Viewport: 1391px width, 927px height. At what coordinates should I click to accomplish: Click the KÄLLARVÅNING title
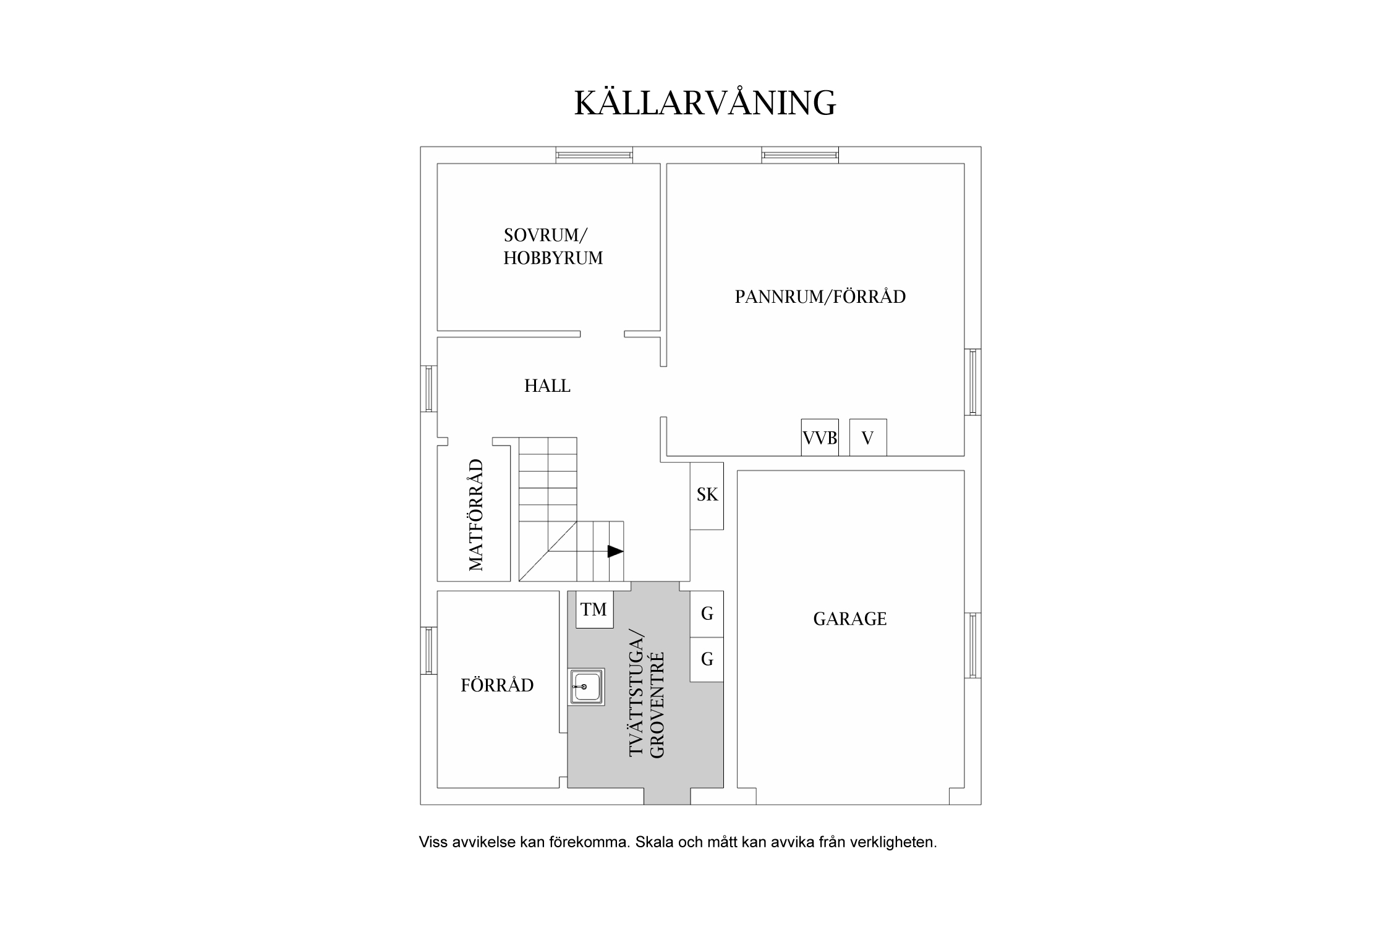tap(705, 103)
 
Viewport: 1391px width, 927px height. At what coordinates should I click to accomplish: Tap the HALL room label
tap(547, 386)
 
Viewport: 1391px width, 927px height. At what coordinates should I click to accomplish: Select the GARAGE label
tap(849, 619)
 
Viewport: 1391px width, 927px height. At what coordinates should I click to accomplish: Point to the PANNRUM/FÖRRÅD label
tap(820, 297)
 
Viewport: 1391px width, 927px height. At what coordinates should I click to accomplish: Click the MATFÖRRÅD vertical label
tap(475, 515)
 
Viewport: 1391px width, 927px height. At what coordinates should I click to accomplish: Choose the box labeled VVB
tap(820, 438)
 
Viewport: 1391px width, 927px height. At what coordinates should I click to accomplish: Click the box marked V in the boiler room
tap(867, 438)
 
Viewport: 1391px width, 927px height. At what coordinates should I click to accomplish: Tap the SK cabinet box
tap(707, 495)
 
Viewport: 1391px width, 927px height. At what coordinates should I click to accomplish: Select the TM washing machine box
tap(593, 610)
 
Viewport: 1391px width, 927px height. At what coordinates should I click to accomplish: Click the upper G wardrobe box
tap(707, 614)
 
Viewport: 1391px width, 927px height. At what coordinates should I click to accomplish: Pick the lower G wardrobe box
tap(707, 659)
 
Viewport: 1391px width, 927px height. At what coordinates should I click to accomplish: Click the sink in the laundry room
tap(586, 687)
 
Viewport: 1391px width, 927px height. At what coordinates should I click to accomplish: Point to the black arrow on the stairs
tap(615, 551)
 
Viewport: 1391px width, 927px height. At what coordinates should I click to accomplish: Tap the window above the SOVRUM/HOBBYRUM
tap(593, 154)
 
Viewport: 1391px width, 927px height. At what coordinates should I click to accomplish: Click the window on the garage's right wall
tap(972, 645)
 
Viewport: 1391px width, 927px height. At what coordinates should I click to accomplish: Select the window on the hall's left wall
tap(428, 389)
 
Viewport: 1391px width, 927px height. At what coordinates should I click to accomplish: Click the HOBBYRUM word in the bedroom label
tap(553, 258)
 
